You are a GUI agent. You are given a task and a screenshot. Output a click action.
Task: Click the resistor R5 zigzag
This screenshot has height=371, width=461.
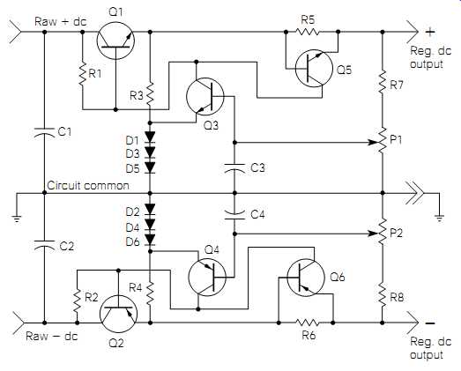point(307,32)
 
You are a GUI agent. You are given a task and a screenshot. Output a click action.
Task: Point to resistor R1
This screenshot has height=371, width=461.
point(82,73)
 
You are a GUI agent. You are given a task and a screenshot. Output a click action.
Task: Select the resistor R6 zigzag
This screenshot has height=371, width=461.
point(307,323)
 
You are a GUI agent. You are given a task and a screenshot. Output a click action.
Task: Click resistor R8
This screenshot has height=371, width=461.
point(383,295)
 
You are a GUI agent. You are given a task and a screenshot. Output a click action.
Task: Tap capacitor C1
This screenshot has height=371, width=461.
point(44,132)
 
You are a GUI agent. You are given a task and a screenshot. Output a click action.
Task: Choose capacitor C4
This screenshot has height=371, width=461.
point(234,215)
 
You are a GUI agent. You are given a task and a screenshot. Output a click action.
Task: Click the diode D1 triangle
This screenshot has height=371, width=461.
point(150,137)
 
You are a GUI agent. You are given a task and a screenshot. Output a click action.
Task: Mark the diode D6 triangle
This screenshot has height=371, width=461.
point(150,240)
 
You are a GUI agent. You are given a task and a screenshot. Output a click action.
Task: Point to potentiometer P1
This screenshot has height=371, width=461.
point(383,140)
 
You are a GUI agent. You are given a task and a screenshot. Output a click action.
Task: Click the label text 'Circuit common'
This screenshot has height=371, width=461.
point(88,185)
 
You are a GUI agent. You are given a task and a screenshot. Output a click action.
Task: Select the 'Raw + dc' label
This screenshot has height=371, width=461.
point(61,21)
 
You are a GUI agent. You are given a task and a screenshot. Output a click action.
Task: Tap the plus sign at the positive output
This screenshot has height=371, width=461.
point(429,32)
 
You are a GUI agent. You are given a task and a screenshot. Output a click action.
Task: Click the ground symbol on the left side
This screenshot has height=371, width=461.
point(17,219)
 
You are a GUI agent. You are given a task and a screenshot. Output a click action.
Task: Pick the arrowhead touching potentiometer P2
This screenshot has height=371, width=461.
point(374,234)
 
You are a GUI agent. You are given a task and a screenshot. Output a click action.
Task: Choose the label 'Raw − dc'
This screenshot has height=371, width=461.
point(52,336)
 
